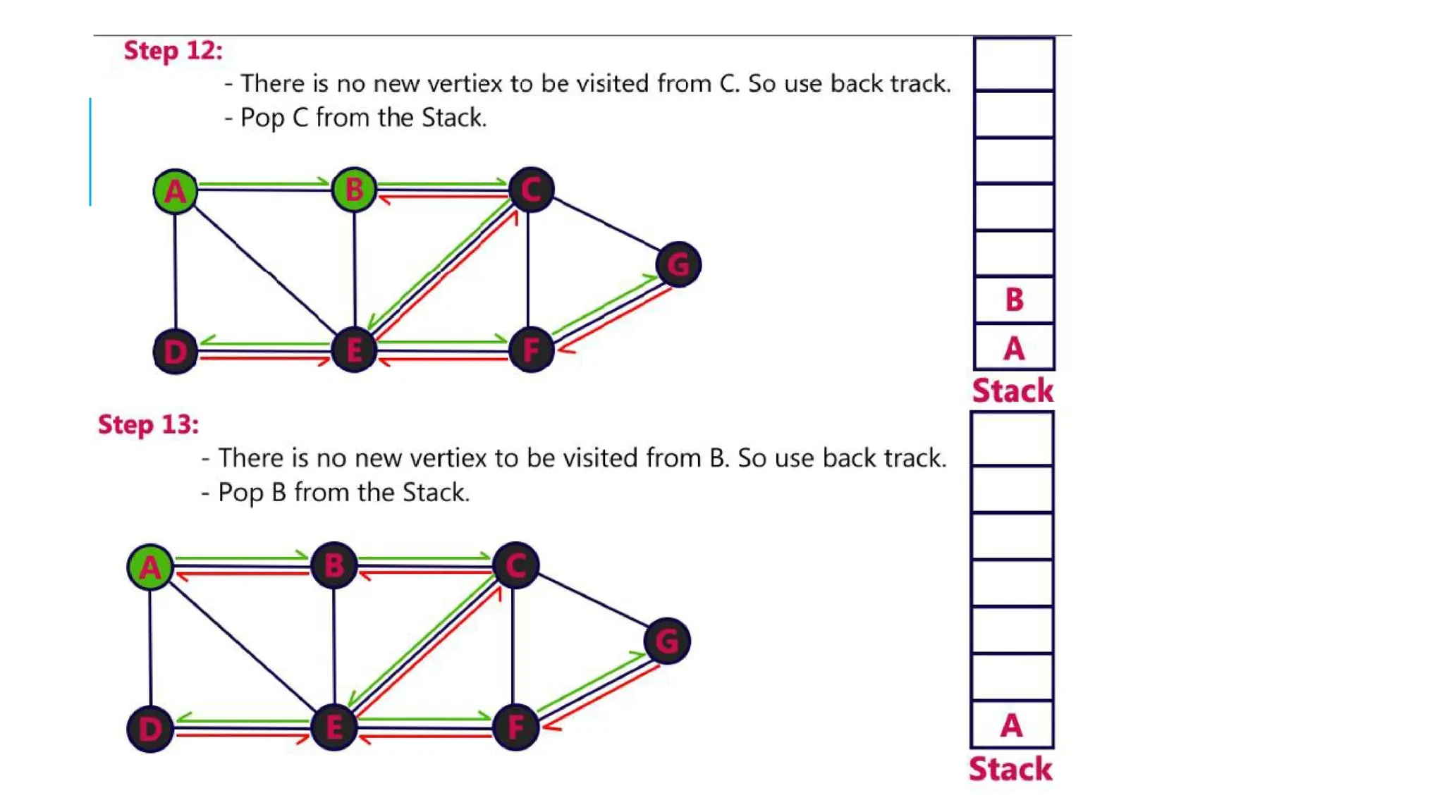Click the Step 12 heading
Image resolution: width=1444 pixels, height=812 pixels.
point(173,51)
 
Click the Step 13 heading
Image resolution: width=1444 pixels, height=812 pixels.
point(148,424)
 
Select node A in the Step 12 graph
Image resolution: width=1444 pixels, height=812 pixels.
point(175,191)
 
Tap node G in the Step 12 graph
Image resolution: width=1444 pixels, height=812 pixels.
point(678,264)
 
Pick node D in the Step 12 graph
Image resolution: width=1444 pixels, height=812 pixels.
point(175,351)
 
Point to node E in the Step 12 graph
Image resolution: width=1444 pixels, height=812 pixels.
point(354,350)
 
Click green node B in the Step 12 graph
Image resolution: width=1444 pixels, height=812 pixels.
point(354,190)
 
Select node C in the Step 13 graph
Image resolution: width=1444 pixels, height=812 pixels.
point(516,565)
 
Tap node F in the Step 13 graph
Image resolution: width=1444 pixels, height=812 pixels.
point(516,727)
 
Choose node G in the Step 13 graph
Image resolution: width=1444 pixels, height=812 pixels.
point(667,641)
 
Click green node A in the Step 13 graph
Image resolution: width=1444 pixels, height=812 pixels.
point(149,567)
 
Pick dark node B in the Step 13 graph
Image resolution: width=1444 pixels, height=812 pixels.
point(334,565)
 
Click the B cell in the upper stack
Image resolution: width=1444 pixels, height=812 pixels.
point(1014,300)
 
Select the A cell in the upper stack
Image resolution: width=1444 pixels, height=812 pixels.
point(1014,347)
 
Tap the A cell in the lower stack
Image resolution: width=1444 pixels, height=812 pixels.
point(1012,725)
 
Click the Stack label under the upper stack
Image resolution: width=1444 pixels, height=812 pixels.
point(1012,390)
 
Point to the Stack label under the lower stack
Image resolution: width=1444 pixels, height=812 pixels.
point(1010,768)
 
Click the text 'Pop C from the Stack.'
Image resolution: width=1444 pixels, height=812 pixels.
point(363,118)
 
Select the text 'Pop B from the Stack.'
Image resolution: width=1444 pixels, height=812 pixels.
point(343,492)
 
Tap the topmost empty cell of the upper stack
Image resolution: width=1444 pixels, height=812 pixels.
point(1014,64)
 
